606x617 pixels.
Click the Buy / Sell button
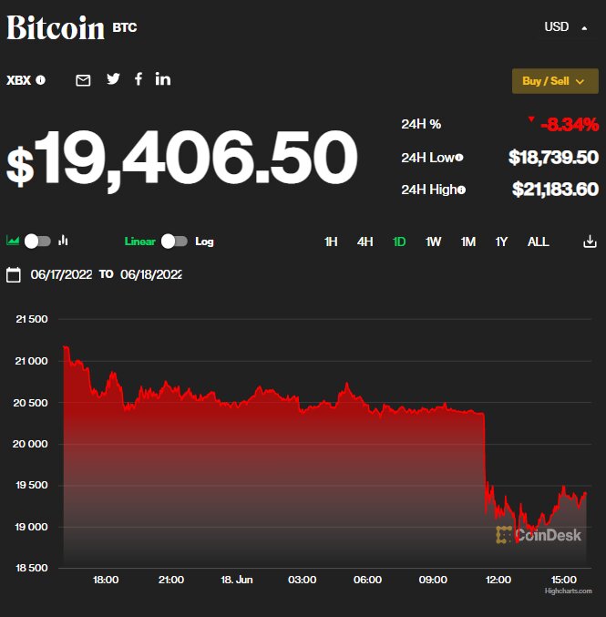click(x=554, y=81)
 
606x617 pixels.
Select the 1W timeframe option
click(x=433, y=242)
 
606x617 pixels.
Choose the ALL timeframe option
click(x=538, y=242)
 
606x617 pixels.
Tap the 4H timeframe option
click(x=365, y=242)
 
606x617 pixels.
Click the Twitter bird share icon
click(x=113, y=79)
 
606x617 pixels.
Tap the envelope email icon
click(x=83, y=80)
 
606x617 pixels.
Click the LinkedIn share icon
click(x=163, y=79)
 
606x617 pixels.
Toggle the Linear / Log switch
click(x=174, y=242)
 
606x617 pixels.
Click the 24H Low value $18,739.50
click(x=553, y=158)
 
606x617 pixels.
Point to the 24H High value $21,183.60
click(x=553, y=190)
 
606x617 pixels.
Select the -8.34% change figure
click(x=569, y=125)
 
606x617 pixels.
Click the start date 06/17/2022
click(x=61, y=274)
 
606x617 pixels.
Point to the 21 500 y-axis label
click(x=32, y=319)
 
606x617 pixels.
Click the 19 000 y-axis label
click(x=32, y=527)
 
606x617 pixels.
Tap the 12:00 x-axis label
click(x=498, y=580)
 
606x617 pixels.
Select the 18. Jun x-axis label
click(x=237, y=580)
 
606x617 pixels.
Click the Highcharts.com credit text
click(x=568, y=591)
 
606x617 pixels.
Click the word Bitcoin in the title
click(x=56, y=27)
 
